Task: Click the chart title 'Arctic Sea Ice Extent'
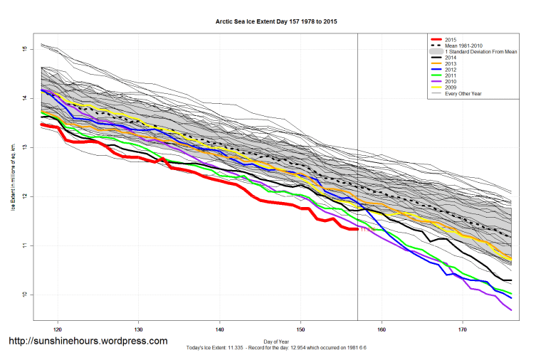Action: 276,21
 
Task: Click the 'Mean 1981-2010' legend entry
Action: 462,46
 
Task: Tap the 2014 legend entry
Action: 449,58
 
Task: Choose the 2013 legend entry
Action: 449,65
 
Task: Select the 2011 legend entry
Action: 449,77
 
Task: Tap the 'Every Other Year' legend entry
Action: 463,95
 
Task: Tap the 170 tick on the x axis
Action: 463,329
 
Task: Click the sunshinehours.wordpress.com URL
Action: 88,341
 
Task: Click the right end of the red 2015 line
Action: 357,229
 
